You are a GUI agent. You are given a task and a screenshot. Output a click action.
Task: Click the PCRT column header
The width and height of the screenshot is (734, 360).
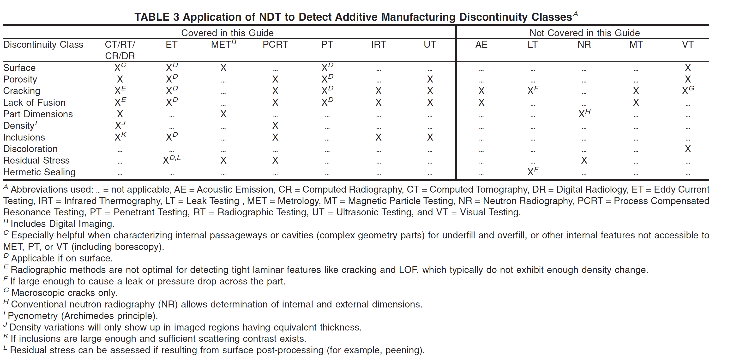point(275,45)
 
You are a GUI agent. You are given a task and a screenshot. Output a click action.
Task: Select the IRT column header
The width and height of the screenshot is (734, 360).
point(378,45)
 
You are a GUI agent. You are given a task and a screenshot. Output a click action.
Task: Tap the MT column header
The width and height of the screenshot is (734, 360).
point(636,45)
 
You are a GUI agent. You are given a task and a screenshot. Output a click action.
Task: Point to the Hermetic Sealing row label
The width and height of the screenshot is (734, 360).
point(39,172)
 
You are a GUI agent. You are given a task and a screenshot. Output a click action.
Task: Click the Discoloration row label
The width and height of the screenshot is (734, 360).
point(30,149)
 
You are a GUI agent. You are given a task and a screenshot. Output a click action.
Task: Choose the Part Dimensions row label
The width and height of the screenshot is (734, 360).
point(38,114)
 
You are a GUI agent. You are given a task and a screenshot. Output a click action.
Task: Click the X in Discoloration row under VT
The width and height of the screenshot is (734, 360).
point(688,149)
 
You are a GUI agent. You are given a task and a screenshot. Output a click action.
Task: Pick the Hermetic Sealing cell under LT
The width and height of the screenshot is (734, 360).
point(533,171)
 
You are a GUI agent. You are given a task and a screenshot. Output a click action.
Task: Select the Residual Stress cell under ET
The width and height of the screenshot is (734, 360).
point(172,159)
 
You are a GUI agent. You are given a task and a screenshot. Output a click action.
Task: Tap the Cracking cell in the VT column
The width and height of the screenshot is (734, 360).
point(688,90)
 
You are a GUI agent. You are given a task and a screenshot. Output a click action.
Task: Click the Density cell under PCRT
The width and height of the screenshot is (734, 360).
point(275,126)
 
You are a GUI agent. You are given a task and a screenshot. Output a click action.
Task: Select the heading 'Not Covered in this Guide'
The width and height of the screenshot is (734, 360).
point(585,33)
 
